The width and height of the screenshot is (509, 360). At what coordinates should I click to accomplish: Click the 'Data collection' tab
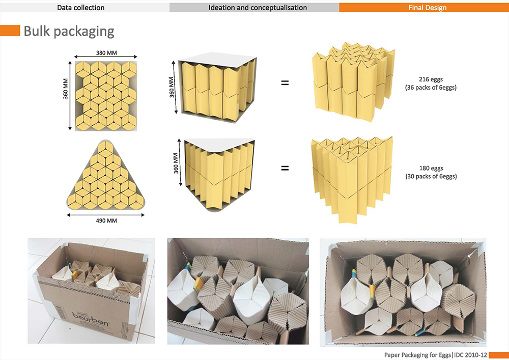(80, 8)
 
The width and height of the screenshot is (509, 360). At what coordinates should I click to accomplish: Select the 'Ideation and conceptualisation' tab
(258, 8)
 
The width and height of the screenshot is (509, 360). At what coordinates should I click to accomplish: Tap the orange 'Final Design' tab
(428, 8)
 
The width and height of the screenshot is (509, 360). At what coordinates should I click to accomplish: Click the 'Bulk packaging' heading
(69, 32)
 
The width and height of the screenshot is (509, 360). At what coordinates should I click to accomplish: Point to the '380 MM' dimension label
(106, 52)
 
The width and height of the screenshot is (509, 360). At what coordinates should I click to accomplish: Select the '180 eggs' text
(431, 168)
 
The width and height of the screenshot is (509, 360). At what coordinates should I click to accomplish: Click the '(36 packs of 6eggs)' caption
(431, 88)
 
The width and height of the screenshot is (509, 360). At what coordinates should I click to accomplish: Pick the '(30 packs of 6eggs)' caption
(431, 177)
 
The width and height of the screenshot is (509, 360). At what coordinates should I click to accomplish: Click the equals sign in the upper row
(285, 82)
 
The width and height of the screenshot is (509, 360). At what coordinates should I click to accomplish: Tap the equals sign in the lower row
(285, 168)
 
